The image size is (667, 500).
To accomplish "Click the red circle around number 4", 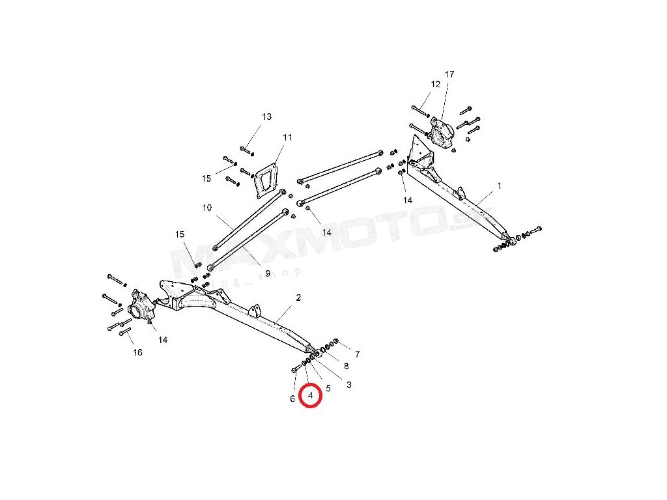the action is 311,395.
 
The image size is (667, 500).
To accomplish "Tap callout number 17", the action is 449,74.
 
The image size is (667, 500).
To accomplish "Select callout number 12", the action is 435,84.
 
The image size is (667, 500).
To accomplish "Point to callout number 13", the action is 266,117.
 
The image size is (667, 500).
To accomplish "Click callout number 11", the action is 287,137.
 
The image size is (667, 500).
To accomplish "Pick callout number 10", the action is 207,208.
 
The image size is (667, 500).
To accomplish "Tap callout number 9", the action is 249,273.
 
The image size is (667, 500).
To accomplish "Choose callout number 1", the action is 500,186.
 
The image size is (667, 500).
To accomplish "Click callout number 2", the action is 298,298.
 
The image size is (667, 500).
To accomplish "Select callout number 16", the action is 137,352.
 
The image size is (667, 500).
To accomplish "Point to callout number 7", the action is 357,354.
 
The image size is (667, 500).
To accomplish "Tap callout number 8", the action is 346,366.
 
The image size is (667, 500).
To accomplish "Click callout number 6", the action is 292,398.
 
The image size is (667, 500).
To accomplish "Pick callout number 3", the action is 349,385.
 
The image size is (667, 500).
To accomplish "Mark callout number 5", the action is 328,388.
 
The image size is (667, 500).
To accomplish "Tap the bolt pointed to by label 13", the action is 246,150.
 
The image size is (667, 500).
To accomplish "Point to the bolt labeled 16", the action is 125,335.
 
